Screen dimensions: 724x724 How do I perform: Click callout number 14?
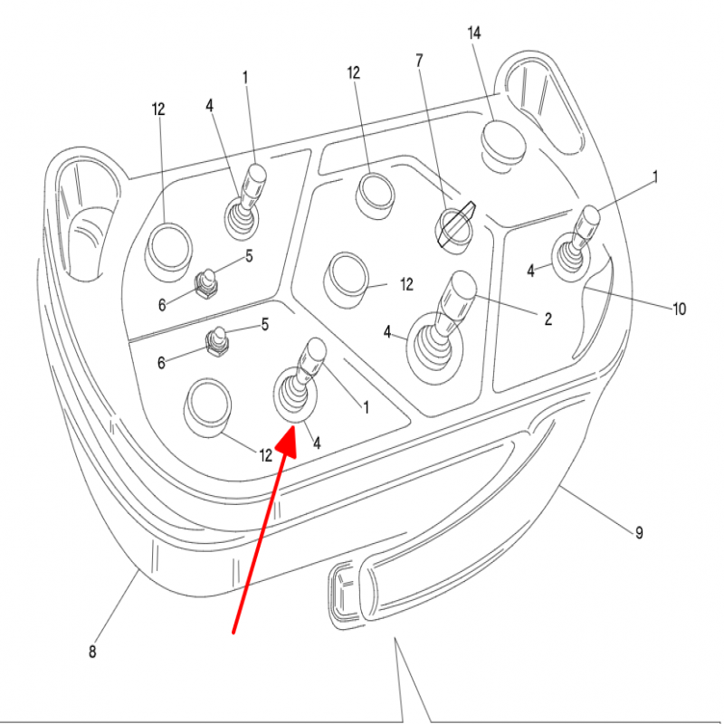click(x=473, y=33)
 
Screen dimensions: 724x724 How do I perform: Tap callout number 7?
click(x=419, y=61)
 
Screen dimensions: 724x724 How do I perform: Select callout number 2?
click(x=548, y=319)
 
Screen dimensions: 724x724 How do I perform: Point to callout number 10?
click(x=680, y=309)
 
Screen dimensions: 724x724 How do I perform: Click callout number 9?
click(x=639, y=532)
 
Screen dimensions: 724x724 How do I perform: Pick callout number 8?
click(x=92, y=652)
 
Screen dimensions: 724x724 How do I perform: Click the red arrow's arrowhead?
click(x=287, y=441)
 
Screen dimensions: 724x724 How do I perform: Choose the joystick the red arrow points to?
click(x=298, y=382)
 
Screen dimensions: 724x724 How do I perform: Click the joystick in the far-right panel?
click(x=574, y=244)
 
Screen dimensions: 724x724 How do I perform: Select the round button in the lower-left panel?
click(x=207, y=407)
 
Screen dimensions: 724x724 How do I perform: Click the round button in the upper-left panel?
click(x=168, y=252)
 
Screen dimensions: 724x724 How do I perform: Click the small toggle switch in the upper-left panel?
click(x=206, y=283)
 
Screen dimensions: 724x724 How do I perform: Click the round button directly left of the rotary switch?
click(x=375, y=195)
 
